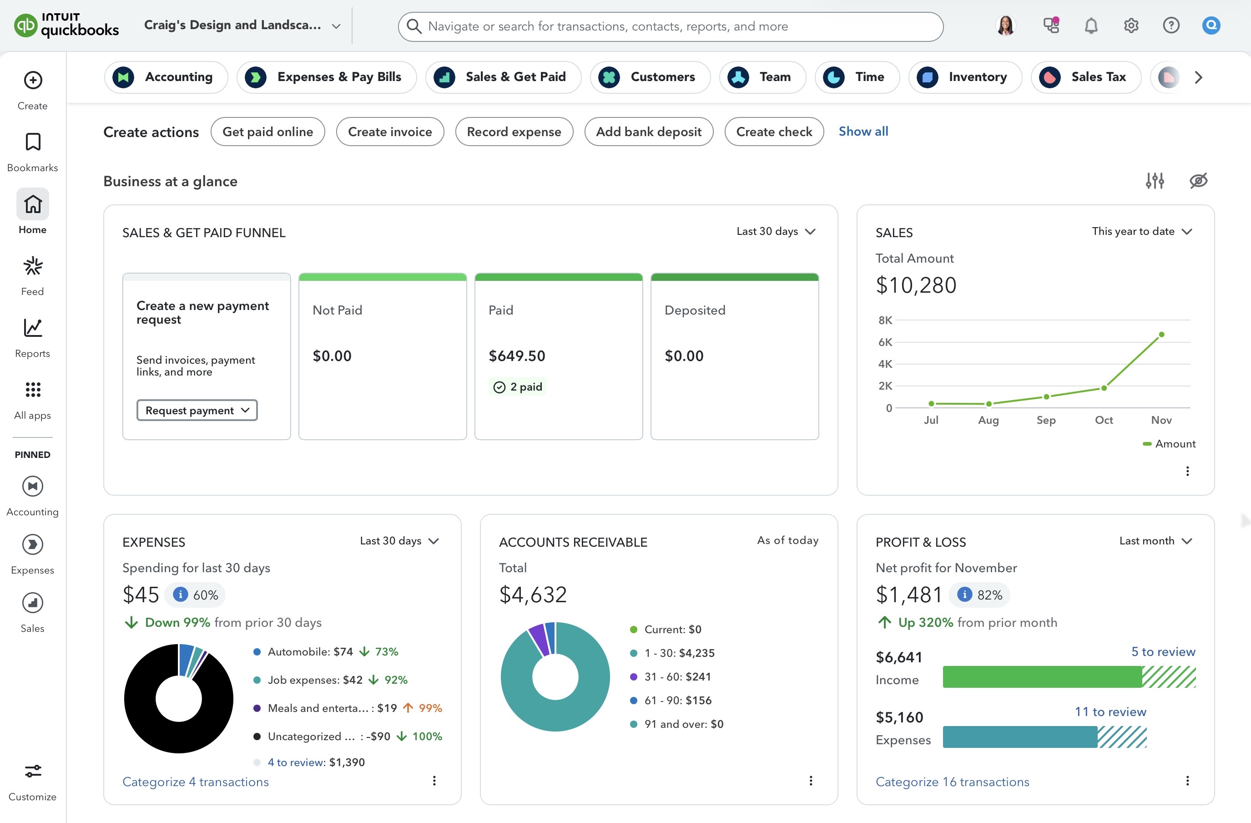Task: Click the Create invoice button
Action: coord(389,132)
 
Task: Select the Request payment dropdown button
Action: coord(197,410)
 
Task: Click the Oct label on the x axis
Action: coord(1103,420)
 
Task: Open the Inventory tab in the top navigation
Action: coord(965,77)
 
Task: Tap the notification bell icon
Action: coord(1091,25)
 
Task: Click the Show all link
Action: coord(863,132)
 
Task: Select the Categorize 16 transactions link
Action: coord(952,782)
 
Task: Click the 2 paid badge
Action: coord(518,386)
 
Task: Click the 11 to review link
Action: coord(1110,711)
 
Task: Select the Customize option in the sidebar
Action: coord(33,782)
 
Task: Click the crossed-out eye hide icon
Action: coord(1198,181)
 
